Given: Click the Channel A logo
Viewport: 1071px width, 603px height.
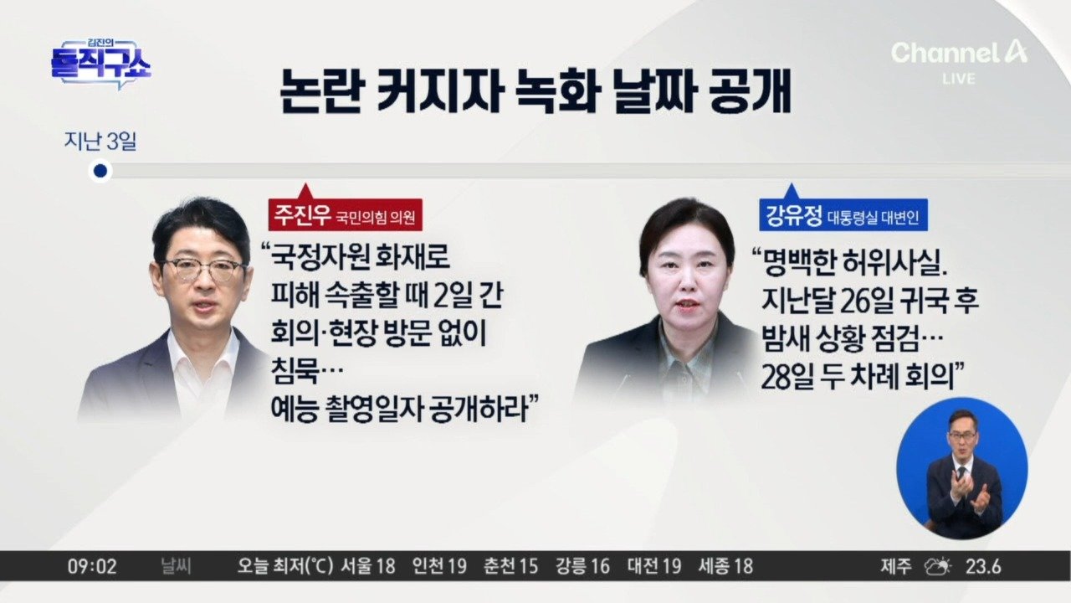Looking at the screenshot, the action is [x=959, y=53].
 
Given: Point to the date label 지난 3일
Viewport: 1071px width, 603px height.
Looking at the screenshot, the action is [x=100, y=142].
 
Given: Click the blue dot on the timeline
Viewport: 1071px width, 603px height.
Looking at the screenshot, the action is [x=100, y=171].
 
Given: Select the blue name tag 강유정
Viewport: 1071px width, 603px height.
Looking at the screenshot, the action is [x=843, y=215].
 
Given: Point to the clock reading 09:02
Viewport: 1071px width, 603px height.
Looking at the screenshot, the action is [x=92, y=567].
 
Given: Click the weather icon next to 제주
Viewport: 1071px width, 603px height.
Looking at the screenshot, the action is [x=937, y=567].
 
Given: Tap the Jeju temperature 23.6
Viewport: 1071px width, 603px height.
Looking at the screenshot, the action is [x=983, y=567].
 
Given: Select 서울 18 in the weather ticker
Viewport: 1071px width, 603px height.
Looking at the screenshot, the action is [x=367, y=567].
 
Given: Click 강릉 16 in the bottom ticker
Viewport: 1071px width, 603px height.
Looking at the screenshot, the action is [x=582, y=567].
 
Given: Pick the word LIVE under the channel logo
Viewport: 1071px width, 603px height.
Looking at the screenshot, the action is [x=959, y=79].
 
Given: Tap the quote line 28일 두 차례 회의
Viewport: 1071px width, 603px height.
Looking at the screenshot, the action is [x=862, y=377].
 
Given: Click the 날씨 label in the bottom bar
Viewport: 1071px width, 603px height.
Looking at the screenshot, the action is [x=176, y=567].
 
